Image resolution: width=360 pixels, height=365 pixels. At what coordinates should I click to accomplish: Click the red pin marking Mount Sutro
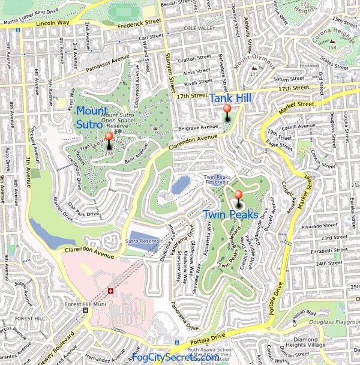(109, 137)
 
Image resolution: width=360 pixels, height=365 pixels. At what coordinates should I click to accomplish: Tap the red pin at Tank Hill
(227, 110)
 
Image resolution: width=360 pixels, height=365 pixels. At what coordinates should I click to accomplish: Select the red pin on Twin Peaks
(238, 196)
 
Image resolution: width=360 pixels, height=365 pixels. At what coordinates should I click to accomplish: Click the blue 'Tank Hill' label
(230, 98)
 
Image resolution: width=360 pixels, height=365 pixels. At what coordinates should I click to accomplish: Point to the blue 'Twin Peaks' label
(230, 214)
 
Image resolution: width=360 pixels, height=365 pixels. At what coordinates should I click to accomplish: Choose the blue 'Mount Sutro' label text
(91, 118)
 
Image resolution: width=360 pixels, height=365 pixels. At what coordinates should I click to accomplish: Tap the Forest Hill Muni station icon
(86, 310)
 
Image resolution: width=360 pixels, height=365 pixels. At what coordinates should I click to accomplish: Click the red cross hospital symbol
(110, 291)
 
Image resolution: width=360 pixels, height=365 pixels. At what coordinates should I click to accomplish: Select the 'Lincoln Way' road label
(53, 23)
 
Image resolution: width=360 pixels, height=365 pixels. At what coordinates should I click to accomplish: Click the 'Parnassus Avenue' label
(107, 61)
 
